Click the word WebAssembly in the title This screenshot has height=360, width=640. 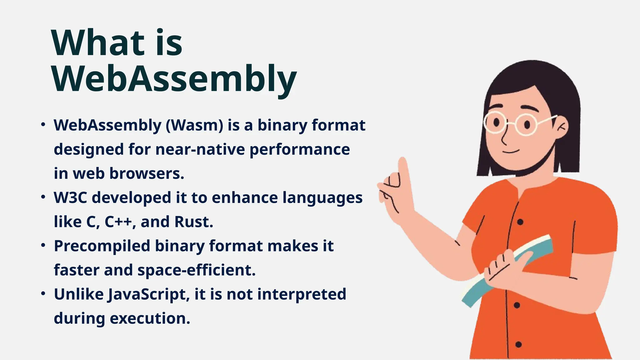click(x=174, y=78)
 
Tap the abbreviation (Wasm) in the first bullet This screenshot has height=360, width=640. click(x=194, y=125)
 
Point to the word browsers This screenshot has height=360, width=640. click(x=147, y=173)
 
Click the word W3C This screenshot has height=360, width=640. click(x=70, y=197)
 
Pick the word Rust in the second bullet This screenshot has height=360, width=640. click(x=193, y=222)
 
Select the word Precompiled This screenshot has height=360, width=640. click(x=102, y=246)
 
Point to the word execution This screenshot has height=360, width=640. click(x=150, y=318)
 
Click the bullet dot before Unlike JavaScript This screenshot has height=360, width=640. click(x=43, y=294)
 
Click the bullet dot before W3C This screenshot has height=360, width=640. click(x=43, y=197)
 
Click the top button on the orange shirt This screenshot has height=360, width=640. click(x=520, y=222)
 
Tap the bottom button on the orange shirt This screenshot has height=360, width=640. click(x=518, y=345)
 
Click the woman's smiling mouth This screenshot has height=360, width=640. click(x=511, y=152)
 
